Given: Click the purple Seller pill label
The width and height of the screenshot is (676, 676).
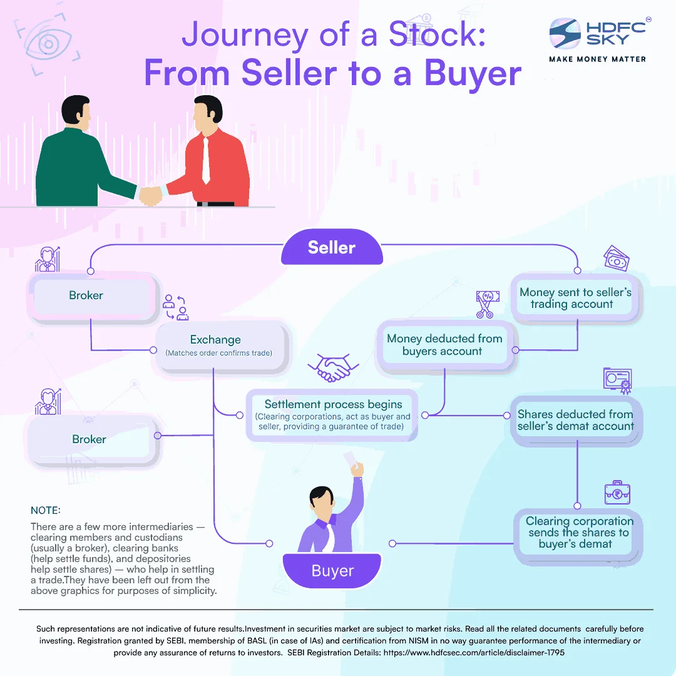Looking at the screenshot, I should [332, 247].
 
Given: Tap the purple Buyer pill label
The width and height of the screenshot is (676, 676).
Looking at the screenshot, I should [332, 571].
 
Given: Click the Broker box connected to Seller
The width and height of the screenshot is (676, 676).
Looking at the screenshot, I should [86, 295].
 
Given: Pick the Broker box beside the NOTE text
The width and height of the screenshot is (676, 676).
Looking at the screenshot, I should [89, 439].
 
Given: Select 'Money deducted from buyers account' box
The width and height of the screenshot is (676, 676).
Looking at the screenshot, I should [444, 345].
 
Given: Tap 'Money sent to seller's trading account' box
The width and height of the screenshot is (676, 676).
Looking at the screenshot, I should [576, 298].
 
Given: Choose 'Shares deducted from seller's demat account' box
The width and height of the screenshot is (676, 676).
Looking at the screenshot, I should [576, 420].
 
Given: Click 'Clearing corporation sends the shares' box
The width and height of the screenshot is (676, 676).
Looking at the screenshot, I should [579, 533].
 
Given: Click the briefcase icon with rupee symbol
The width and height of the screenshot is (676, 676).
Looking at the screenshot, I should [617, 494].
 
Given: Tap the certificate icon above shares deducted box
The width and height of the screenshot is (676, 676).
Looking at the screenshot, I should [617, 380].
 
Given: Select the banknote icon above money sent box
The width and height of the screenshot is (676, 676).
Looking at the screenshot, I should [616, 259].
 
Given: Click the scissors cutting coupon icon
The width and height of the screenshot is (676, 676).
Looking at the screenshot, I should [485, 304].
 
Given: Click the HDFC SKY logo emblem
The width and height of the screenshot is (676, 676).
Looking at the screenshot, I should [566, 34].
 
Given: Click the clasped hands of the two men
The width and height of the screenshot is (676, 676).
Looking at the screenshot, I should [151, 196].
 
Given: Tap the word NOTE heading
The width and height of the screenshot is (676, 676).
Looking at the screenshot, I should [46, 510].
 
